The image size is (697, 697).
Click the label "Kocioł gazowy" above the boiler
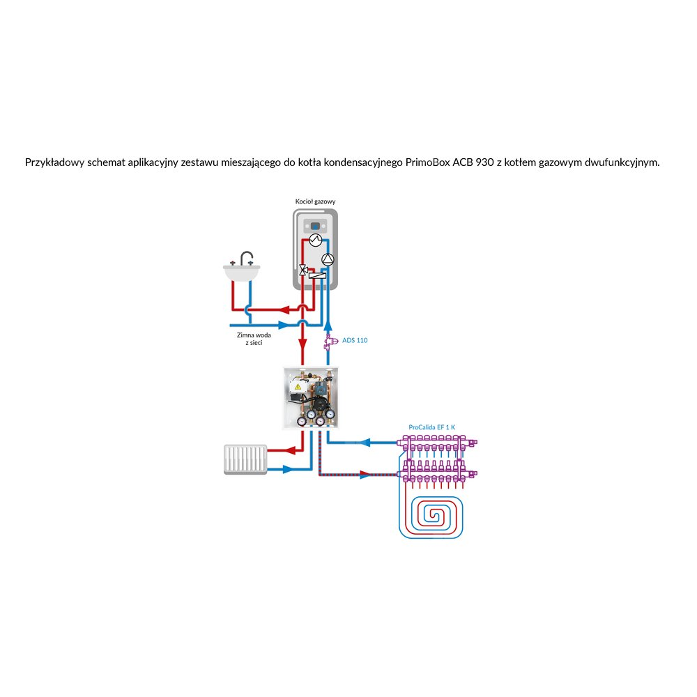pyautogui.click(x=315, y=200)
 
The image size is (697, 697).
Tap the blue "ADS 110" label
pyautogui.click(x=355, y=340)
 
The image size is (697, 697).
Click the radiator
pyautogui.click(x=243, y=459)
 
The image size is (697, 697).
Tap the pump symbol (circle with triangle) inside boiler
pyautogui.click(x=328, y=259)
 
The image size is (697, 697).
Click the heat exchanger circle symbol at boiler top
pyautogui.click(x=316, y=240)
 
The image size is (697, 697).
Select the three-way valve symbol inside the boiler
pyautogui.click(x=303, y=270)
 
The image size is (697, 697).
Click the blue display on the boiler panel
pyautogui.click(x=316, y=226)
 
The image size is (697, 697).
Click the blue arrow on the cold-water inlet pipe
pyautogui.click(x=282, y=325)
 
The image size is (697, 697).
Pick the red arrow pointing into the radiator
pyautogui.click(x=288, y=452)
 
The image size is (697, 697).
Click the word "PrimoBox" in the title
pyautogui.click(x=428, y=162)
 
